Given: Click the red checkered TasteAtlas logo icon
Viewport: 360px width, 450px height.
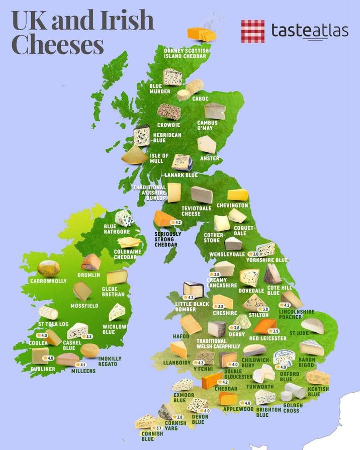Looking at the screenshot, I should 253,31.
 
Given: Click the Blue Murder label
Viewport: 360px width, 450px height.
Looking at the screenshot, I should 160,89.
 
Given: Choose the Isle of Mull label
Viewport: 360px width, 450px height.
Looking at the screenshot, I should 159,159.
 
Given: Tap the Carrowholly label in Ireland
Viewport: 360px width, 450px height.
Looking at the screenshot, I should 48,281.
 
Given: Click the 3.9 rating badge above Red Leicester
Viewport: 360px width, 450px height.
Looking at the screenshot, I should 273,331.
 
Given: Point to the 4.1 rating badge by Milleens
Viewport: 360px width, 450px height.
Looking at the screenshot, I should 80,365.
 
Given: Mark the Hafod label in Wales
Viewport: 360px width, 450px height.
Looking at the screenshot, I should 181,336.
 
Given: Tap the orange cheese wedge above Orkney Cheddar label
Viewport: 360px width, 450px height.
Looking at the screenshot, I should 201,33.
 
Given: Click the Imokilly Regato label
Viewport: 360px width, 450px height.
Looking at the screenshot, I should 110,361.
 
